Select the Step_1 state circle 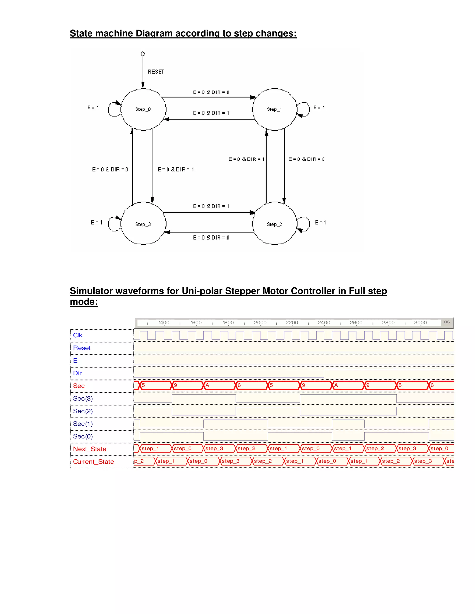274,109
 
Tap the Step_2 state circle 274,224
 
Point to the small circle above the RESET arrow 143,54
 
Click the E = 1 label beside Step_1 319,108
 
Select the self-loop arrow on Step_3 114,224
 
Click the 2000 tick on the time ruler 260,323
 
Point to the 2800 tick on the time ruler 388,323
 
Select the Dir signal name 77,373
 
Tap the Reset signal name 82,348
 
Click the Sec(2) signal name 83,411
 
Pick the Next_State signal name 90,449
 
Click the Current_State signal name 93,462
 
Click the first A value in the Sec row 207,385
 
